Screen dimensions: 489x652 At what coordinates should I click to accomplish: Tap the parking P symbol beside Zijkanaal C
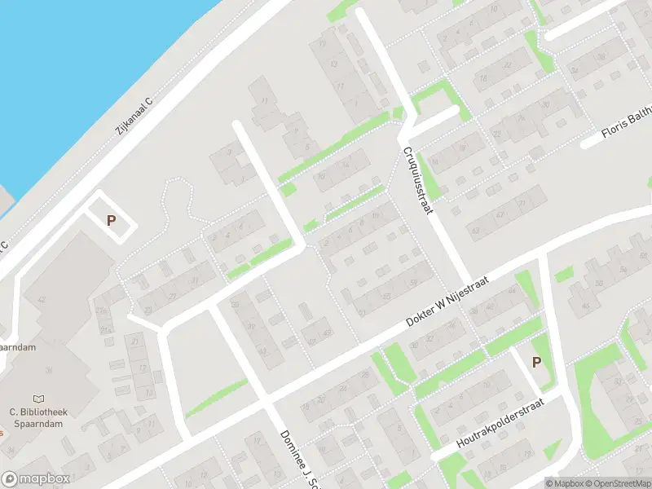112,220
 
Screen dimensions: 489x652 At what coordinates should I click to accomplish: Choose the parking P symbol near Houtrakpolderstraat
536,362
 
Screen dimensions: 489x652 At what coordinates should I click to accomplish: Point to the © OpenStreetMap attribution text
620,483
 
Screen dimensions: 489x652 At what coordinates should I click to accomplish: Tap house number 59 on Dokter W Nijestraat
413,283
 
